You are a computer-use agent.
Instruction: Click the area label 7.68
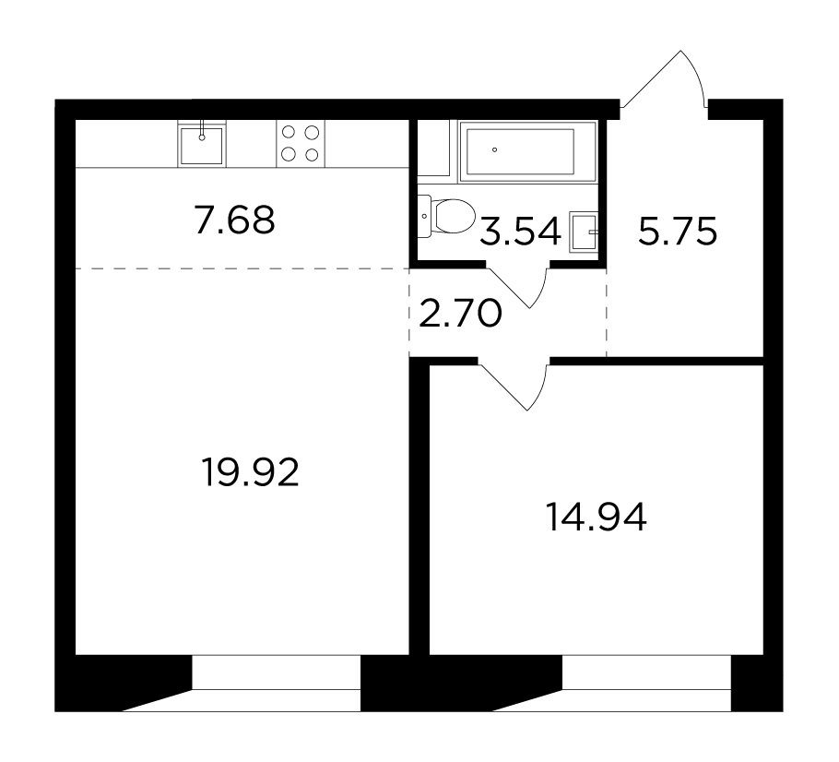click(x=235, y=220)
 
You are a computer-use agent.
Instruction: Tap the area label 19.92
click(x=251, y=471)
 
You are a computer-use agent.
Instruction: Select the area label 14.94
click(x=597, y=518)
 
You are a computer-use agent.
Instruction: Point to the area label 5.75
click(x=678, y=232)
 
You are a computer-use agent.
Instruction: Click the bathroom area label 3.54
click(x=520, y=232)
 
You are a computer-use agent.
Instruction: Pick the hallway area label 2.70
click(x=460, y=314)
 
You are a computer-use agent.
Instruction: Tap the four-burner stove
click(x=301, y=144)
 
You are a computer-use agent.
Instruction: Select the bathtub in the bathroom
click(x=527, y=151)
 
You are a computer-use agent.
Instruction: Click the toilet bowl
click(x=455, y=217)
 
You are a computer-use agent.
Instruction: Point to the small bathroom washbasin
click(x=584, y=232)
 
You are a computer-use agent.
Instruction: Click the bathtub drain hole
click(x=494, y=150)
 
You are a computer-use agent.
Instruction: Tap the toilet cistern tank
click(x=424, y=217)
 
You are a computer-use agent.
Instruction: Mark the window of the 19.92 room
click(x=276, y=683)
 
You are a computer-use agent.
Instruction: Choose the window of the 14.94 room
click(x=646, y=683)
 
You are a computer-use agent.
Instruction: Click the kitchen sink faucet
click(x=202, y=130)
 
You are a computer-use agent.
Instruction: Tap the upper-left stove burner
click(x=289, y=132)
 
